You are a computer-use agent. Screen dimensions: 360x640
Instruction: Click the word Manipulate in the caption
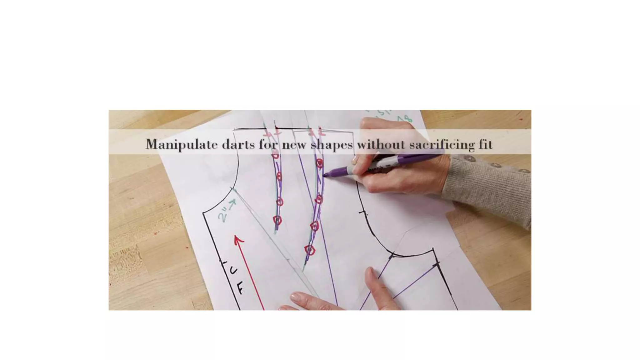182,144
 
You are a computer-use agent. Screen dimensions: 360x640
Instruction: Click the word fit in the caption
485,144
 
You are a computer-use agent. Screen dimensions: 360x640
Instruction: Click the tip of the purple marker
324,175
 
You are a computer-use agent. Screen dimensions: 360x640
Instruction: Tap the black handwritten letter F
240,288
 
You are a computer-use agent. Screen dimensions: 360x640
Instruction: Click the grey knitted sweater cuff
487,187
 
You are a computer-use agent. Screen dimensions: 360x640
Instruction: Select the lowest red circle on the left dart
277,220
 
